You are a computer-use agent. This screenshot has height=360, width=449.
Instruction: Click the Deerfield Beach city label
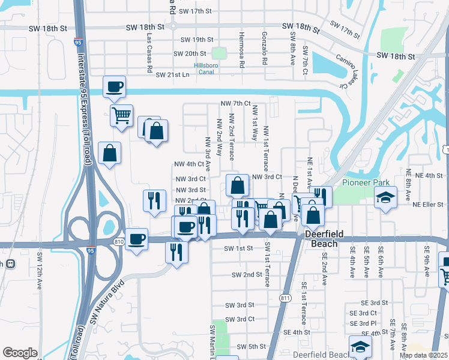(x=328, y=239)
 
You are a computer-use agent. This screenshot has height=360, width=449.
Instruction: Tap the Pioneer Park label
(x=366, y=183)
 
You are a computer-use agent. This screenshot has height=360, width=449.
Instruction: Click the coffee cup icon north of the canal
(x=114, y=87)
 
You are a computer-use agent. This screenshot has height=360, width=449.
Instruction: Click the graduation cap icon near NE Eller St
(x=385, y=197)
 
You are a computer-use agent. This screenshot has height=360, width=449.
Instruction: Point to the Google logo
(x=20, y=353)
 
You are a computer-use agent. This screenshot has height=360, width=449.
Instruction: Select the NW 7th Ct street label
(x=235, y=104)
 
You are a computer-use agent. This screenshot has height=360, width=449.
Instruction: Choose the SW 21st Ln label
(x=172, y=75)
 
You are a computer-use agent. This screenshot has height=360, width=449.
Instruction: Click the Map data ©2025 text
(x=424, y=355)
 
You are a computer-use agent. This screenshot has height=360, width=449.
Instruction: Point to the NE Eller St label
(x=427, y=204)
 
